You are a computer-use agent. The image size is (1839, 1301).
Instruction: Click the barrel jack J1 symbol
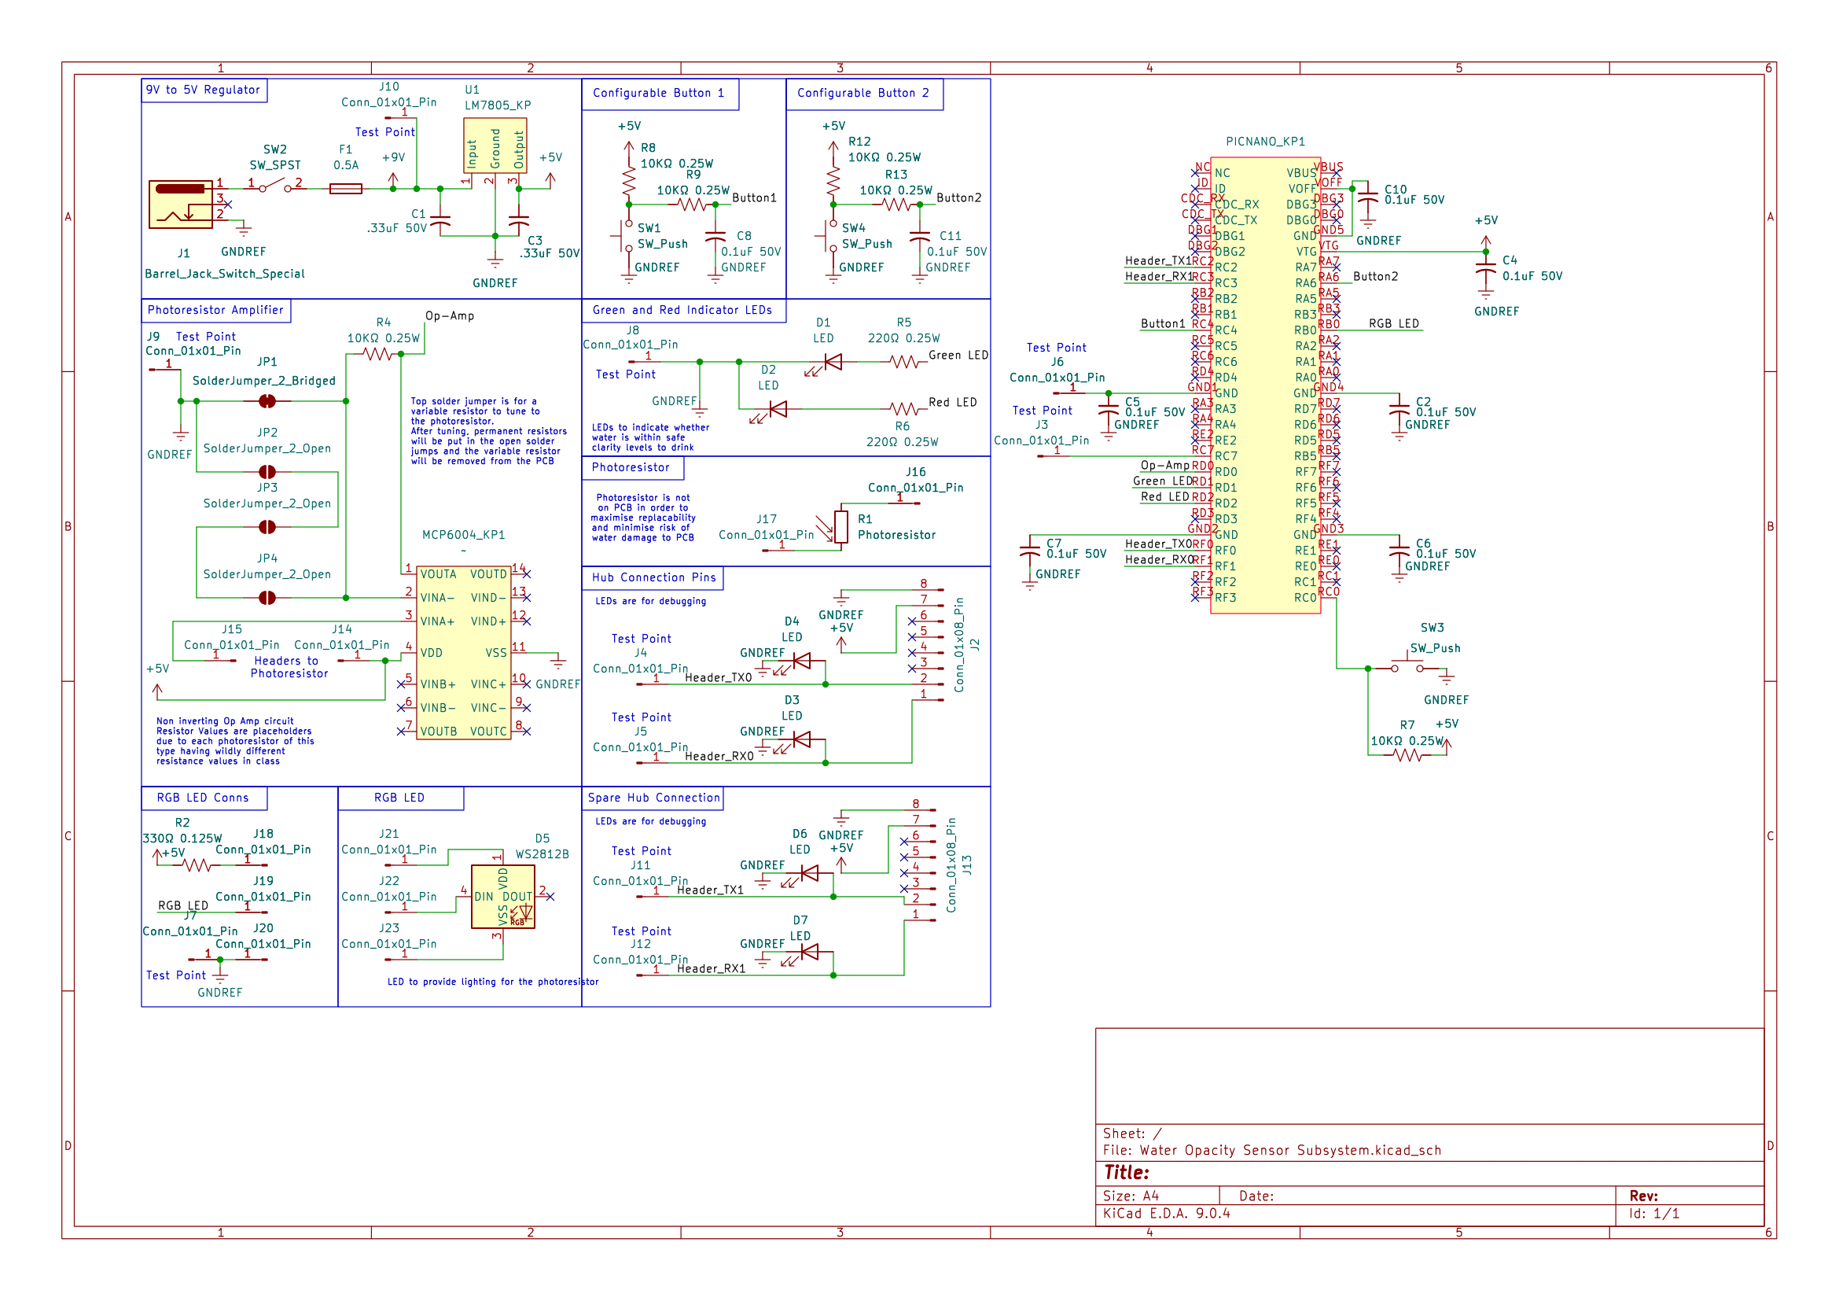pos(181,205)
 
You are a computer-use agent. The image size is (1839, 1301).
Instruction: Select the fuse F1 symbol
pos(346,189)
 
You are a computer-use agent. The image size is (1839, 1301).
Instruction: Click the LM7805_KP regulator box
pos(495,146)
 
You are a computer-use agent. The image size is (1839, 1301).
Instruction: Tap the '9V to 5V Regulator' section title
pos(204,90)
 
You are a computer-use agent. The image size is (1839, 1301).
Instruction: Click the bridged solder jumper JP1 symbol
pos(267,400)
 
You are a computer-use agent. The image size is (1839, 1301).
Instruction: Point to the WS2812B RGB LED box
pos(503,897)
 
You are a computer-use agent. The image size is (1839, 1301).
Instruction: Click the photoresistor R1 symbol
pos(841,527)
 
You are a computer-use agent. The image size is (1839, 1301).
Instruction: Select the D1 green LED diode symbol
pos(833,362)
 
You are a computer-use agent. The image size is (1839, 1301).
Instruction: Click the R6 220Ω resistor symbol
pos(903,409)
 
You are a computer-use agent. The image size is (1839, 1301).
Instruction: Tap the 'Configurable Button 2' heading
pos(863,93)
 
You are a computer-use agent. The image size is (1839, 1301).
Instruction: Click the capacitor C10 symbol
pos(1368,196)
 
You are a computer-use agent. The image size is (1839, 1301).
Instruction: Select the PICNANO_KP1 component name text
pos(1265,142)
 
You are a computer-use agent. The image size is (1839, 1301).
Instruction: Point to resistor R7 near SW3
pos(1407,754)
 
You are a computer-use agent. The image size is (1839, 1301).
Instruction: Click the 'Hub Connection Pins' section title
pos(653,577)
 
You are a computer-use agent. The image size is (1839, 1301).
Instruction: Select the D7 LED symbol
pos(809,952)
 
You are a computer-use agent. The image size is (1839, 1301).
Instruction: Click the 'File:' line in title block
pos(1271,1151)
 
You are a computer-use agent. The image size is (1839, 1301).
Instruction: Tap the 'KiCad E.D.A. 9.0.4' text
pos(1166,1213)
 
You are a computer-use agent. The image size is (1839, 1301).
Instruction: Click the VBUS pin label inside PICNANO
pos(1300,173)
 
